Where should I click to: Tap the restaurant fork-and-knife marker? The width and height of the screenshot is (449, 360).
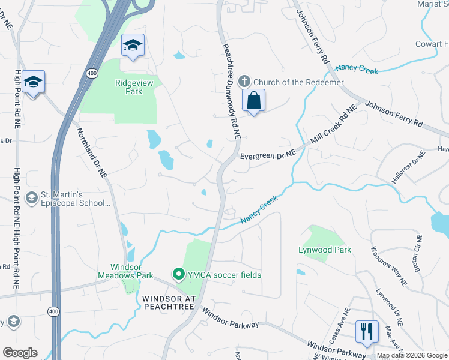point(366,331)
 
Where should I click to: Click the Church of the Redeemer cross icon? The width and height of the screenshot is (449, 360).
point(244,81)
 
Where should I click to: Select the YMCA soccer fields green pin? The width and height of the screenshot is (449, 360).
point(178,275)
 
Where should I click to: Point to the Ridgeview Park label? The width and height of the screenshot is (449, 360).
point(130,87)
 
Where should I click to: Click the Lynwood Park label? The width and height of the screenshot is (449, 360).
point(325,249)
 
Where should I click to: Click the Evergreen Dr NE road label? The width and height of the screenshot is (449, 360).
point(268,155)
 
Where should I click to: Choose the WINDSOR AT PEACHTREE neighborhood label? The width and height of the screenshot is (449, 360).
point(169,302)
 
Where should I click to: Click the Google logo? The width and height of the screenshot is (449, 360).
point(20,353)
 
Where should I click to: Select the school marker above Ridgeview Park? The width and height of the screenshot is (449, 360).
point(133,46)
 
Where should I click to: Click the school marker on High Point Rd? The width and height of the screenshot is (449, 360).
point(33,82)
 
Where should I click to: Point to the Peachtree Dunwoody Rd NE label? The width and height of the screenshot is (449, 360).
point(231,92)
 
